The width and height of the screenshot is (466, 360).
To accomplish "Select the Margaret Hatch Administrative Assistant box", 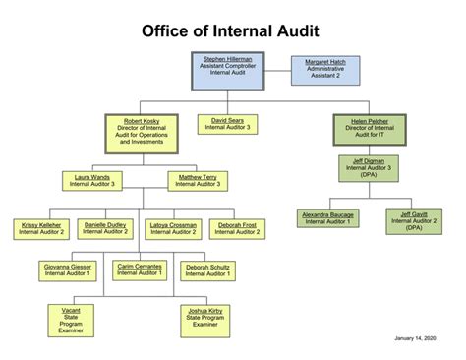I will pos(325,69).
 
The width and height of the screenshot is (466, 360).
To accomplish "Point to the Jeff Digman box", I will pos(369,168).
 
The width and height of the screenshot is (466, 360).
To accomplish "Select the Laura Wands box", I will pos(91,180).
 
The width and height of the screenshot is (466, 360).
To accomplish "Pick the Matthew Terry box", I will pos(200,180).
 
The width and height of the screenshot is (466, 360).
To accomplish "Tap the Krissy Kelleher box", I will pos(41,228).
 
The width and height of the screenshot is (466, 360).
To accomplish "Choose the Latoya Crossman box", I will pos(172,228).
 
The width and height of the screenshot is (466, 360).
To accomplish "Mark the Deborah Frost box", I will pos(237,228).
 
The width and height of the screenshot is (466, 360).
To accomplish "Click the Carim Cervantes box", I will pos(139,269).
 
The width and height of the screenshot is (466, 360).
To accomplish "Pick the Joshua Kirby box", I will pos(204,316).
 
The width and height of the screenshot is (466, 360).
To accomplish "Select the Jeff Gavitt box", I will pos(412,220).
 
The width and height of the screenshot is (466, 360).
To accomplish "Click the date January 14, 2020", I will pos(413,340).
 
